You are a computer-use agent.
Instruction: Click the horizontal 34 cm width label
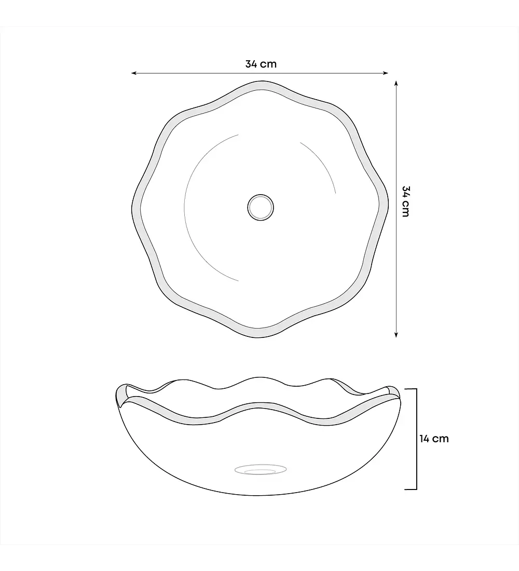261,64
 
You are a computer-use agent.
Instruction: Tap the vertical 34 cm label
406,201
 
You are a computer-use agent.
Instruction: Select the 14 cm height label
434,439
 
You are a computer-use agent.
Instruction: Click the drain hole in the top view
261,207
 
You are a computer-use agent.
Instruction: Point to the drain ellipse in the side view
261,469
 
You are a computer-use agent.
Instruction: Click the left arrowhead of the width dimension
133,73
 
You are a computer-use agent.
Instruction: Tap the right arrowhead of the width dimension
386,73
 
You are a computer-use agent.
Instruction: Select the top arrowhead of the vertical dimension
397,83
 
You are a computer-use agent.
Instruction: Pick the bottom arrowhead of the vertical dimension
397,335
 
